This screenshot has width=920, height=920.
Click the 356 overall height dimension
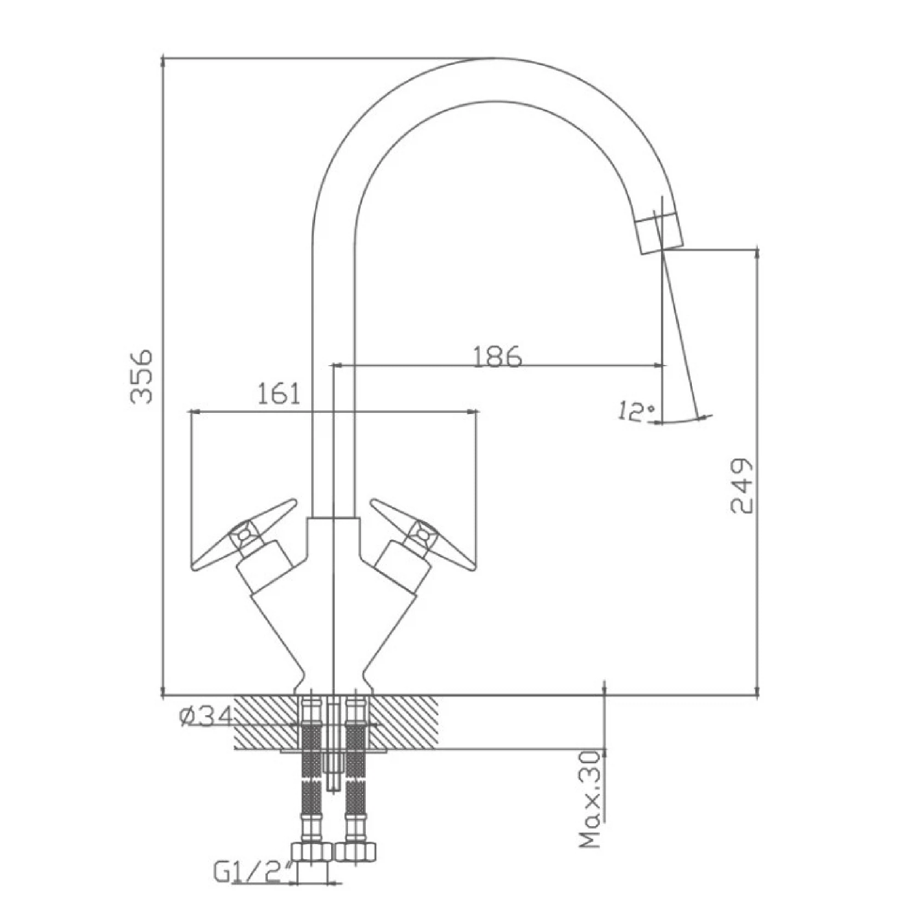[141, 377]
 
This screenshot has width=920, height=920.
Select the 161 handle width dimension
[279, 393]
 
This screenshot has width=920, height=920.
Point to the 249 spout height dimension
[742, 486]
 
